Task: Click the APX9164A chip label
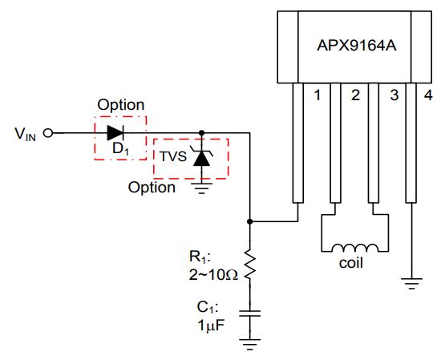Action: tap(357, 46)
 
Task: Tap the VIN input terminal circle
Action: tap(48, 133)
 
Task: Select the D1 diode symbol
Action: tap(115, 133)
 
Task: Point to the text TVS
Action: tap(173, 156)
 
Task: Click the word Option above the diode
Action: tap(121, 105)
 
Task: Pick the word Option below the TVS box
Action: tap(152, 188)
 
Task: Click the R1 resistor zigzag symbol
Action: tap(249, 265)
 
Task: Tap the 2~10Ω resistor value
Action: tap(213, 274)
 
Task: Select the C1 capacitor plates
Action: tap(249, 313)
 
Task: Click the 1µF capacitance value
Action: tap(211, 325)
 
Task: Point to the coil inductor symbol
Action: tap(355, 248)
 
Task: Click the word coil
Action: tap(350, 263)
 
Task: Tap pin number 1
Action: tap(318, 95)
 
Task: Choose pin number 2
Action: tap(355, 95)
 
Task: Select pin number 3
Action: tap(394, 95)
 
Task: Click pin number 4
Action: tap(428, 95)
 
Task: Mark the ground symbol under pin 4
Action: tap(411, 283)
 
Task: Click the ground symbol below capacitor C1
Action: tap(249, 345)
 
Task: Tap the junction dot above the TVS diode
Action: tap(201, 133)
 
